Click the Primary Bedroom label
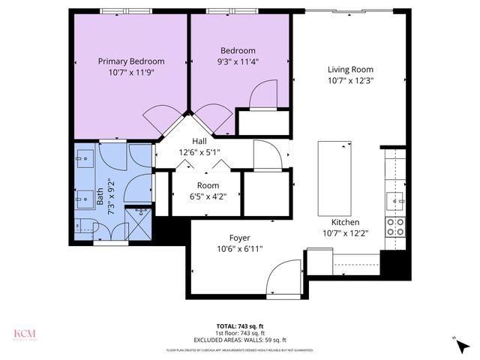(131, 61)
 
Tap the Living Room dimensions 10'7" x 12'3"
(350, 80)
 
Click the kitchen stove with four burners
(394, 227)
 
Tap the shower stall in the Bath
(140, 223)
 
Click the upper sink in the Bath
(83, 160)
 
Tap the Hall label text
(199, 141)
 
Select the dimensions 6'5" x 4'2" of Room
(208, 196)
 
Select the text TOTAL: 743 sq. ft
(239, 325)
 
